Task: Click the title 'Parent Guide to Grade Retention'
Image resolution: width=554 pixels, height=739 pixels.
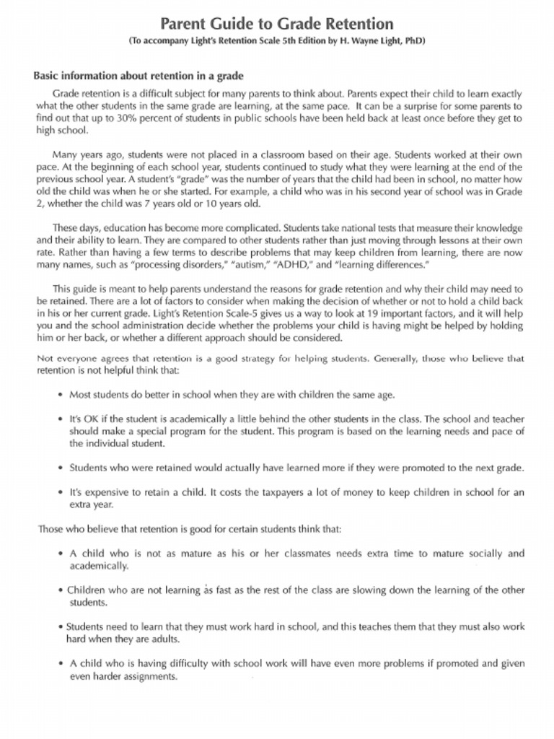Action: pos(276,24)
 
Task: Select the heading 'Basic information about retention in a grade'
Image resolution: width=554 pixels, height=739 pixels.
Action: pos(138,76)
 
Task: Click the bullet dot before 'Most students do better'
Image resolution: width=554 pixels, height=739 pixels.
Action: pos(61,395)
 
